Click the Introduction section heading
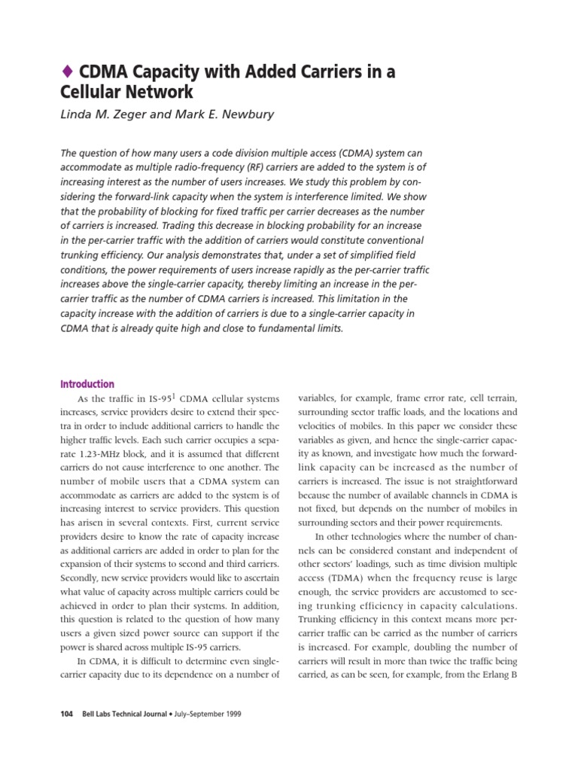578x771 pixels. (87, 384)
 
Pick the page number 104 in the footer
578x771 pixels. (67, 714)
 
